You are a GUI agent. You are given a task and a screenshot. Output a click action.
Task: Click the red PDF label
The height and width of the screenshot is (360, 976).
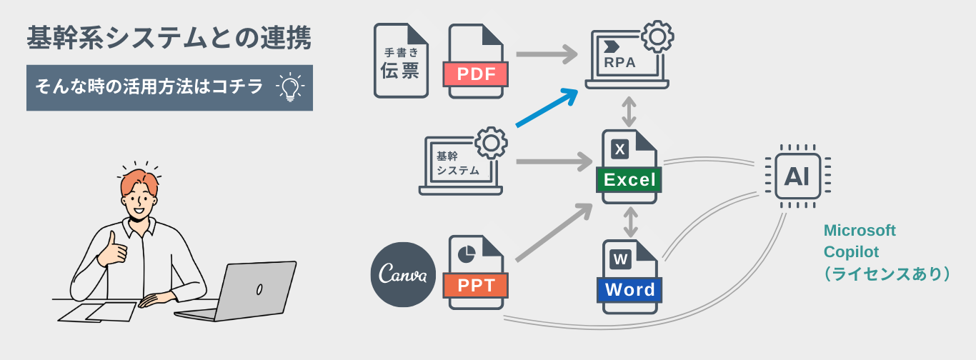[x=475, y=74]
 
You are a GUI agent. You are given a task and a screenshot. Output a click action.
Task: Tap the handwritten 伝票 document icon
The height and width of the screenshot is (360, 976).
[x=401, y=61]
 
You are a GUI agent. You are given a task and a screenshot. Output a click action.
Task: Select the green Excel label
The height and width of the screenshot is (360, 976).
[x=629, y=179]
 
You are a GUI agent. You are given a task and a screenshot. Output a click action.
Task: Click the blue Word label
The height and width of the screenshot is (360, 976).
[x=629, y=289]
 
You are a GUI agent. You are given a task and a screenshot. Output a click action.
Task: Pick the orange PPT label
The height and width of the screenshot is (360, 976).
[x=476, y=286]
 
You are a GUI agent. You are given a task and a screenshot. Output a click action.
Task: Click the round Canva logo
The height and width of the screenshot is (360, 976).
[x=403, y=275]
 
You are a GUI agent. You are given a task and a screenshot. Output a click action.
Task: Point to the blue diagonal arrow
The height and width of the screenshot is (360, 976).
[x=547, y=109]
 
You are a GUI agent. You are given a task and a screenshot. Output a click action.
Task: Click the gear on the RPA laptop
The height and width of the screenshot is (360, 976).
[x=657, y=37]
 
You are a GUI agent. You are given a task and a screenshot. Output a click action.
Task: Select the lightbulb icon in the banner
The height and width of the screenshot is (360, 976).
[x=289, y=88]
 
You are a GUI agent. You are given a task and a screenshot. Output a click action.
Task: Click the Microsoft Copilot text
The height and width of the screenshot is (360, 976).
[x=860, y=241]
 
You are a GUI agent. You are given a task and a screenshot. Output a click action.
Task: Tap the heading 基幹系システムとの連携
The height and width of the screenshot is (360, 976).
[x=169, y=39]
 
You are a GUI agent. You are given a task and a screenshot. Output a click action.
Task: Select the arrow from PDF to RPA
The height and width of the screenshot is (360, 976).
[x=547, y=54]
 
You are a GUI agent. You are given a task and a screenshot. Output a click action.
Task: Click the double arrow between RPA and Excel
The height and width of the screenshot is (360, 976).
[x=629, y=111]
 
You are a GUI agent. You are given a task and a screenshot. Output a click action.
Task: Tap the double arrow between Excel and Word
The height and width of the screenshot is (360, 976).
[x=629, y=222]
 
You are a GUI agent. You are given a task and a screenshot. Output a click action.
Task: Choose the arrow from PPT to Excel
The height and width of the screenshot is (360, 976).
[x=552, y=232]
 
